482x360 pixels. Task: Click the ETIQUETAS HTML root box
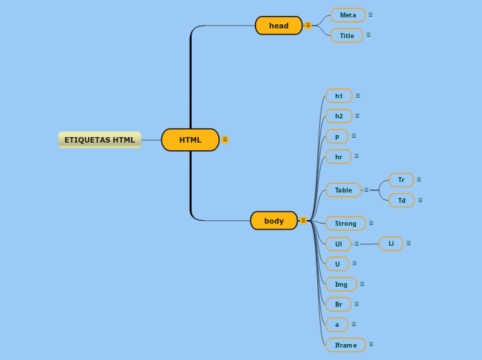(x=100, y=140)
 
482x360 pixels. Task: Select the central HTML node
(x=190, y=140)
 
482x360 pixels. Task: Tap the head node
(x=278, y=26)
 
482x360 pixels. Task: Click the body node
(x=274, y=221)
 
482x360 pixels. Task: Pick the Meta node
(x=348, y=15)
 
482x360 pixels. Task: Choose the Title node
(x=346, y=35)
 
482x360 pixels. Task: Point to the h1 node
(x=339, y=96)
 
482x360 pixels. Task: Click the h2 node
(x=339, y=116)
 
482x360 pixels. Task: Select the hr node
(x=338, y=156)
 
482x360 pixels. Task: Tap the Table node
(x=343, y=190)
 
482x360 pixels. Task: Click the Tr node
(x=401, y=180)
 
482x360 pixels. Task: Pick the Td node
(x=402, y=200)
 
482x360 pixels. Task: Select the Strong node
(x=346, y=223)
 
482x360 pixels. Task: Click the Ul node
(x=338, y=244)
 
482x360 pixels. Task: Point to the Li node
(x=391, y=243)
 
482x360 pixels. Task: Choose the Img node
(x=341, y=284)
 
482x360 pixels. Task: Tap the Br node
(x=338, y=304)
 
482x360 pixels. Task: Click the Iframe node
(x=346, y=345)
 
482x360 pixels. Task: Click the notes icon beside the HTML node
(x=225, y=140)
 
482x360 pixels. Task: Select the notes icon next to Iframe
(x=371, y=344)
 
